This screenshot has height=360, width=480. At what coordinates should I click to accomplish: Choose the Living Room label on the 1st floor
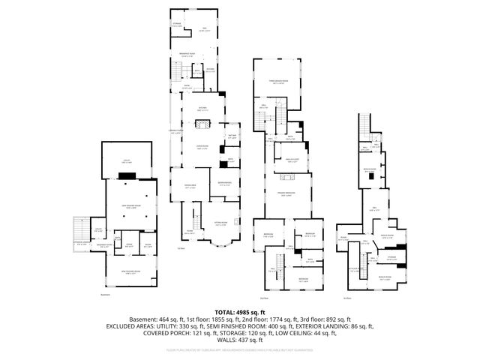pos(202,147)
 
